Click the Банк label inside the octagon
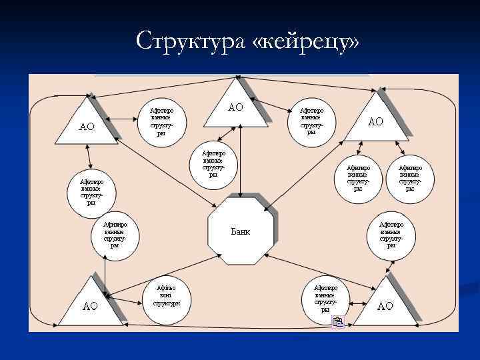[x=241, y=232]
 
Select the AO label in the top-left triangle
[x=87, y=126]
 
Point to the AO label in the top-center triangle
[x=235, y=107]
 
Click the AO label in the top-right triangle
[x=376, y=121]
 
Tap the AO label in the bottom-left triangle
[x=89, y=306]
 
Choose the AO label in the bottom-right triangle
[x=385, y=306]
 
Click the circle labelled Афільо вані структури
[x=166, y=295]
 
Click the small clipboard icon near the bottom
[x=338, y=323]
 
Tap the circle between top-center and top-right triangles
[x=311, y=120]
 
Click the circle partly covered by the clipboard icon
[x=325, y=297]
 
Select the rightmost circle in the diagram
[x=410, y=177]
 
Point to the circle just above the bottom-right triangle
[x=391, y=235]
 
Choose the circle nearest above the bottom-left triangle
[x=115, y=235]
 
